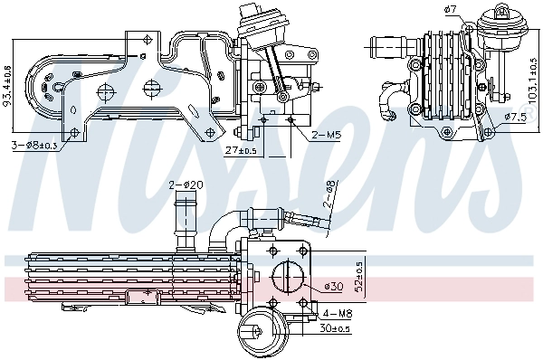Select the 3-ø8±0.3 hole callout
pos(34,146)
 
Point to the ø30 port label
pos(335,288)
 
